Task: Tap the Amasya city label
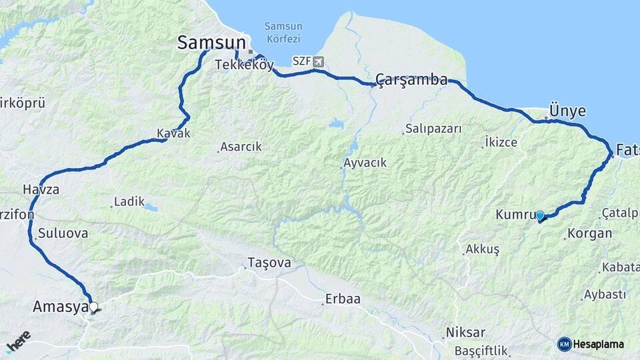click(61, 307)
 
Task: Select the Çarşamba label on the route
click(411, 80)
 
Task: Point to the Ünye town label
click(567, 111)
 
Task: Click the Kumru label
click(515, 215)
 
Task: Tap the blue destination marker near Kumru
click(540, 215)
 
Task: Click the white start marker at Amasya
click(93, 307)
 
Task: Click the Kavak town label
click(173, 133)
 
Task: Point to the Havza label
click(41, 190)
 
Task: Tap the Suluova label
click(63, 234)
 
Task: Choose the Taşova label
click(269, 263)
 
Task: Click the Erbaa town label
click(343, 299)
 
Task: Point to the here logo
click(18, 341)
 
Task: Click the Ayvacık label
click(365, 163)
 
